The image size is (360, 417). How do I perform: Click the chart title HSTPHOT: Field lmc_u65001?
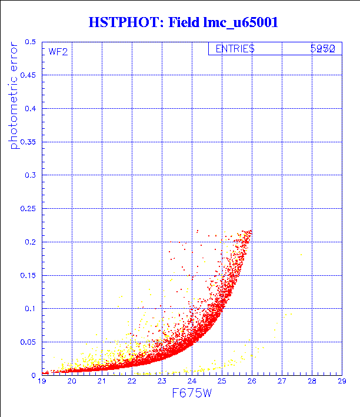(x=183, y=23)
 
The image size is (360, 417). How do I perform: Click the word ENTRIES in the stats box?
(x=235, y=49)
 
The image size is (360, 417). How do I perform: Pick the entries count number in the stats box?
(x=323, y=49)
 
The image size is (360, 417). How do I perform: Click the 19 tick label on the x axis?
(x=42, y=382)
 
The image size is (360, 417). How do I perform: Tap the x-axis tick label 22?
(x=132, y=382)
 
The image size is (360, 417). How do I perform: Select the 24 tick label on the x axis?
(x=192, y=382)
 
